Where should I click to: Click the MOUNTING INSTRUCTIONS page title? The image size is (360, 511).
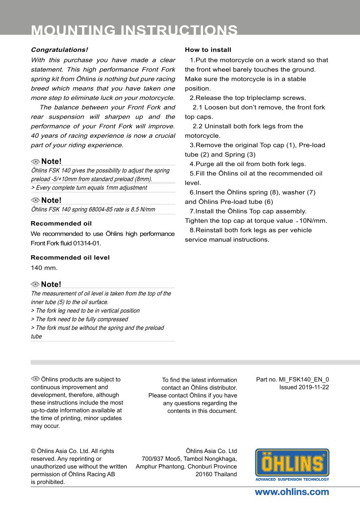coord(134,30)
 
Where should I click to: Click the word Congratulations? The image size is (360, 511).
coord(59,50)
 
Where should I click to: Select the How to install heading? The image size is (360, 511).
coord(208,50)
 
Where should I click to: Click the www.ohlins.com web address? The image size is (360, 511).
coord(292,492)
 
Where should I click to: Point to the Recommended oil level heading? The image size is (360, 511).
coord(70,258)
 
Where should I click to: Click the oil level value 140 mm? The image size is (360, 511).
coord(44,268)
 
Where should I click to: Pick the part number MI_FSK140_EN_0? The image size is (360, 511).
coord(304,380)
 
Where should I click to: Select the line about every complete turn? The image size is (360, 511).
coord(89,188)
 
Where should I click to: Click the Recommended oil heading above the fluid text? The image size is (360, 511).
coord(61,224)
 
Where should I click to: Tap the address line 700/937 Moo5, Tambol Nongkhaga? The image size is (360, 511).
coord(189,459)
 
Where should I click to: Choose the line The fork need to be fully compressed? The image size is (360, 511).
coord(79,319)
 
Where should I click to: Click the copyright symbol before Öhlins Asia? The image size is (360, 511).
coord(33,451)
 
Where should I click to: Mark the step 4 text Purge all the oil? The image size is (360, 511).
coord(248,164)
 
